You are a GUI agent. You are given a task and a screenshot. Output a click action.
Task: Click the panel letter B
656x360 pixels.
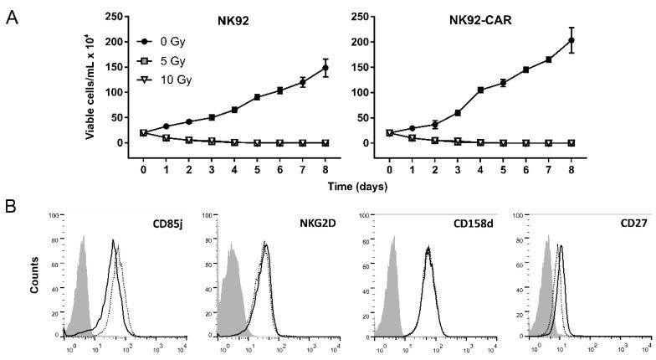point(10,203)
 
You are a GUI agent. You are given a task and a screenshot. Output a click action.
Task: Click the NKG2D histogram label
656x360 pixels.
point(310,224)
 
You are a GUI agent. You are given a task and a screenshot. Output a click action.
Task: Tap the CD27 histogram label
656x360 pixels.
point(626,224)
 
